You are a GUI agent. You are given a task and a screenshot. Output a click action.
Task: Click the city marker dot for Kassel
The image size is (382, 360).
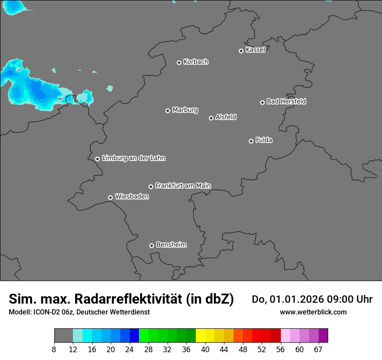[241, 51]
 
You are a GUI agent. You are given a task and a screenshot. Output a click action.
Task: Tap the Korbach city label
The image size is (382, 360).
[196, 62]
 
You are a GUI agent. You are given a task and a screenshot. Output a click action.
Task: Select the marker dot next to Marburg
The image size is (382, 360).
[168, 111]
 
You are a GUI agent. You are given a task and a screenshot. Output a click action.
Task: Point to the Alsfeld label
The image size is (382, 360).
[226, 117]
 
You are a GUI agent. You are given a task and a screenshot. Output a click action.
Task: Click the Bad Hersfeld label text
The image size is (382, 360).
[286, 101]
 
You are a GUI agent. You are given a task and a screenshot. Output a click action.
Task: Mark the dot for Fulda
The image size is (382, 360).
[251, 141]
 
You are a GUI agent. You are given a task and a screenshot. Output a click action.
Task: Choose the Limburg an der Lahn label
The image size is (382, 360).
[133, 158]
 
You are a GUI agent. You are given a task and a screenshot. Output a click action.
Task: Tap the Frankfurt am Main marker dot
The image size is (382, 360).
[151, 187]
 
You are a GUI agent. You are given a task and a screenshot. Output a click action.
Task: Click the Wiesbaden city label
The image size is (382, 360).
[132, 196]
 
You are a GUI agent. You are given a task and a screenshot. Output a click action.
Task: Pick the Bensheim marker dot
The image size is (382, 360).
[151, 245]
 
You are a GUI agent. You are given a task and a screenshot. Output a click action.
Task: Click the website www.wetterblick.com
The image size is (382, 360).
[313, 312]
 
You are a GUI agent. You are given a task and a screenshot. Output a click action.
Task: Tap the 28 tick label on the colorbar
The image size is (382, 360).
[148, 349]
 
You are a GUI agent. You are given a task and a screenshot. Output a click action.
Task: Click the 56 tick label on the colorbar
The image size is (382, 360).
[280, 349]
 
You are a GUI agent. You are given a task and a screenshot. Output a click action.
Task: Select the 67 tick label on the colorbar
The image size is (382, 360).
[318, 349]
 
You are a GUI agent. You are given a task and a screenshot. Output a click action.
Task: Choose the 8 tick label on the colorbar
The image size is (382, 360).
[54, 349]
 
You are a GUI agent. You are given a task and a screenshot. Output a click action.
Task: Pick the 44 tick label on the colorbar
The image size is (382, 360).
[224, 349]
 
